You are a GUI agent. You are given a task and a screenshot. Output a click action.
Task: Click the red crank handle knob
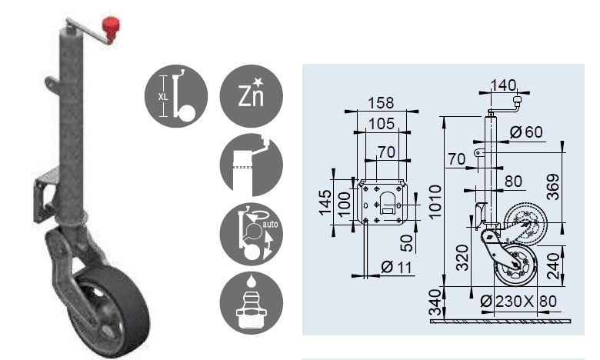click(111, 27)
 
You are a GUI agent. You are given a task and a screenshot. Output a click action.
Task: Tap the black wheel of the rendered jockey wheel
click(111, 311)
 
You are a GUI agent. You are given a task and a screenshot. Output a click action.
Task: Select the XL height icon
click(176, 96)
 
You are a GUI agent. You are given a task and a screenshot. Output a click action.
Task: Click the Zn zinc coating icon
click(251, 96)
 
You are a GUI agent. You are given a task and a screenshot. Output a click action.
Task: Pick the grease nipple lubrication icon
click(251, 303)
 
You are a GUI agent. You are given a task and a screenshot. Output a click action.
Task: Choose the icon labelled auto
click(251, 234)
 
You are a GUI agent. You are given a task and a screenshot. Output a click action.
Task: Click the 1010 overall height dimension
click(435, 202)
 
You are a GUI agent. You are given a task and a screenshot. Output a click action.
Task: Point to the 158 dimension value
click(381, 103)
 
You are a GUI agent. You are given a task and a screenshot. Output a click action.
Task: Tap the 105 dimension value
click(382, 124)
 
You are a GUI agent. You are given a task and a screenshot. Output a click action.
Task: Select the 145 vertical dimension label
click(325, 203)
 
